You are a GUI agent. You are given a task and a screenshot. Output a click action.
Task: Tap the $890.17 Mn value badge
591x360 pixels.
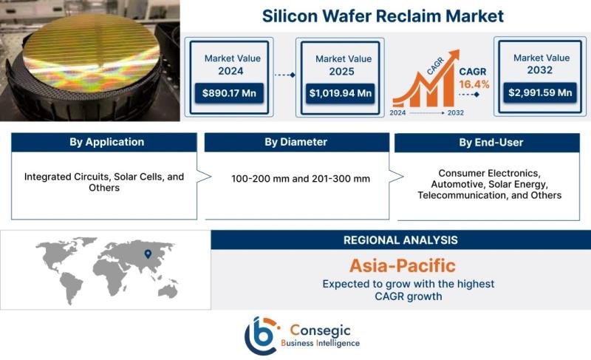[229, 93]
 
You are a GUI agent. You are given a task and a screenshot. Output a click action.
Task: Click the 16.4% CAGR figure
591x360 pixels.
[474, 84]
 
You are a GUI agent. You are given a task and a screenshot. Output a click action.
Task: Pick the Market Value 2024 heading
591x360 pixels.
[229, 64]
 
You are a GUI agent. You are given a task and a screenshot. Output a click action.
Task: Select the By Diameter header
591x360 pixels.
[295, 142]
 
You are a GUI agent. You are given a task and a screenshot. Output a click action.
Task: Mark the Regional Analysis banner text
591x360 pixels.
[400, 240]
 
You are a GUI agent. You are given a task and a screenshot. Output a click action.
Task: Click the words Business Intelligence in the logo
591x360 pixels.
[321, 343]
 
